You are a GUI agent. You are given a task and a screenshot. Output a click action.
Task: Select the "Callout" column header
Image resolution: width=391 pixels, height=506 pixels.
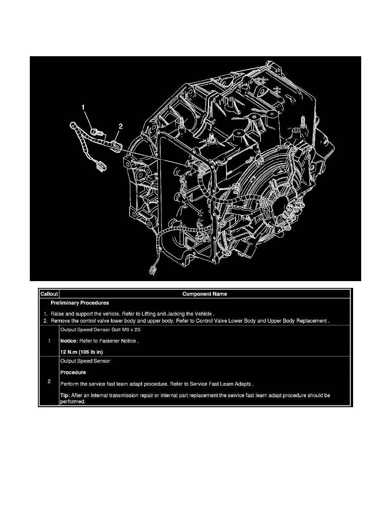49,294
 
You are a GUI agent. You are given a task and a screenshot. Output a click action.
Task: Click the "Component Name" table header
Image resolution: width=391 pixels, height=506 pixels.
204,294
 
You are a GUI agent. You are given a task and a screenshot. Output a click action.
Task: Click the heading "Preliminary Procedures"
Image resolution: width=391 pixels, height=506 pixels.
80,303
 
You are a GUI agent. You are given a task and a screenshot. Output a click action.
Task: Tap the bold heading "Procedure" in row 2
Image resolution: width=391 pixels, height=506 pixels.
74,372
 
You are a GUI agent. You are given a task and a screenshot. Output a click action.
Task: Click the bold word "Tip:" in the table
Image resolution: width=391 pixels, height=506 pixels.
66,395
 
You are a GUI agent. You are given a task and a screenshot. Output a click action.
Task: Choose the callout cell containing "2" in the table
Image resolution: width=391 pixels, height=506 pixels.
49,382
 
